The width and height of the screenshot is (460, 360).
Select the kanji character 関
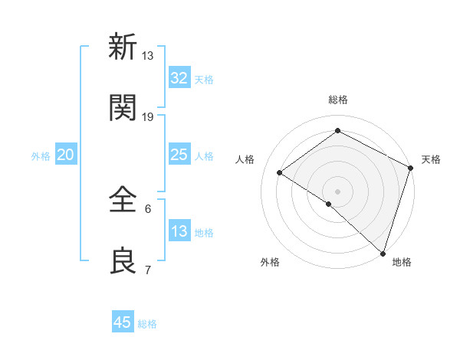pos(123,107)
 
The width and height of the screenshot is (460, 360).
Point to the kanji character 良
pos(123,260)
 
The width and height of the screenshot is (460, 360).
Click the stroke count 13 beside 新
pos(148,55)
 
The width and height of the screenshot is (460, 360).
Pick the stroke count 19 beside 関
pos(148,116)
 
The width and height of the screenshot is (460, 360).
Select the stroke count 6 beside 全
pos(148,208)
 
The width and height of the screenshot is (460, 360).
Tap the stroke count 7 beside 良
pos(148,270)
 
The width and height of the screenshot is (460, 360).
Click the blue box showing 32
pos(179,77)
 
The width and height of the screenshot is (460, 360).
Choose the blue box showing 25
pos(179,155)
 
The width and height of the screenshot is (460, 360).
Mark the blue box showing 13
pos(179,231)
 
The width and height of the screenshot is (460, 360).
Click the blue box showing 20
pos(66,155)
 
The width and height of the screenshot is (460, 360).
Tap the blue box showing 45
pos(123,322)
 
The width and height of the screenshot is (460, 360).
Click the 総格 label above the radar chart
pos(337,100)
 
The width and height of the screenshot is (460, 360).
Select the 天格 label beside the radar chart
pos(431,159)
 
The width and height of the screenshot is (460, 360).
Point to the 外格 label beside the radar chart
pos(270,262)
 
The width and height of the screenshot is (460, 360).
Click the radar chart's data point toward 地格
pos(383,253)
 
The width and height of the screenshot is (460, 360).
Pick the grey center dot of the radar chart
pos(337,191)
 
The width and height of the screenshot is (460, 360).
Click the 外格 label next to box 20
pos(41,155)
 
